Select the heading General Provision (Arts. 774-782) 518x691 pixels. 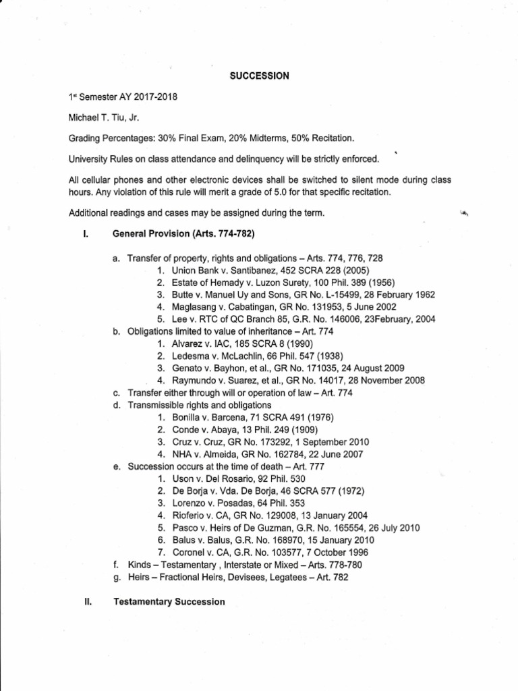(x=183, y=234)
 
